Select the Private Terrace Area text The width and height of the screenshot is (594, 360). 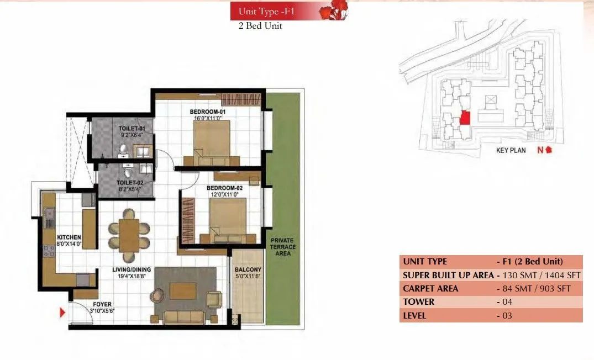pos(282,247)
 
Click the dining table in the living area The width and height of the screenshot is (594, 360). pos(129,235)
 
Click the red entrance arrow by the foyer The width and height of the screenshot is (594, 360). pos(62,314)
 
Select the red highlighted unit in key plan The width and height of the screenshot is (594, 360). pos(465,118)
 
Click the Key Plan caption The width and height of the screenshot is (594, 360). pos(511,150)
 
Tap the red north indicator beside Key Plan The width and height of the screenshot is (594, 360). pos(544,150)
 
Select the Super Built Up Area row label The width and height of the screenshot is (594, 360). pos(448,275)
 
